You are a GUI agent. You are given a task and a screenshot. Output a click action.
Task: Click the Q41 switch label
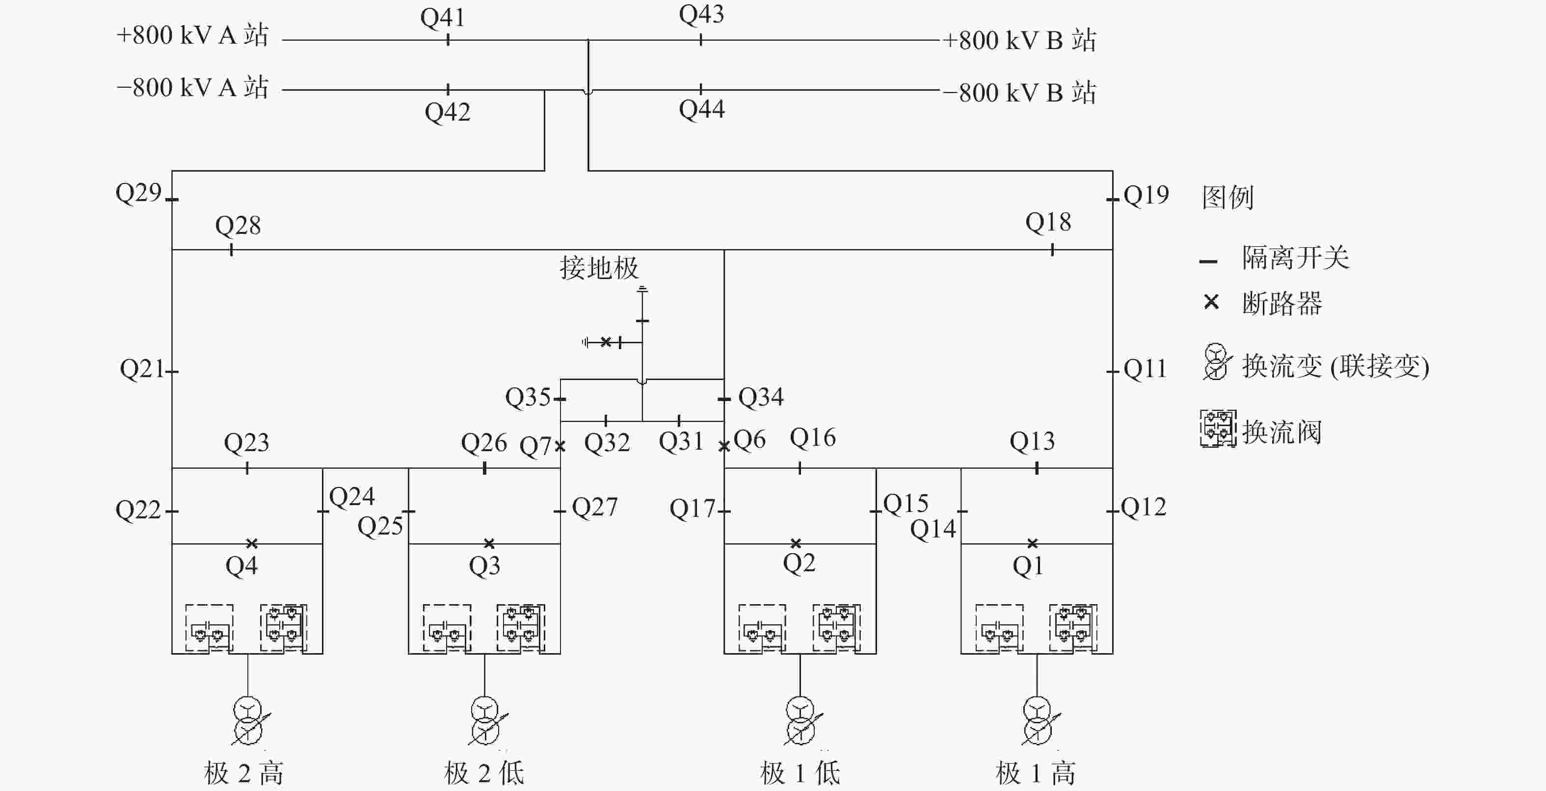[x=442, y=18]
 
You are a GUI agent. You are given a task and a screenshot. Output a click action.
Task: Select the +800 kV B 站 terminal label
[x=1019, y=40]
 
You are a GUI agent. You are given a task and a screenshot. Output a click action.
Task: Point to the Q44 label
[x=701, y=110]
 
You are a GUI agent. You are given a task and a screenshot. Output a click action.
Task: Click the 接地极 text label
[x=599, y=267]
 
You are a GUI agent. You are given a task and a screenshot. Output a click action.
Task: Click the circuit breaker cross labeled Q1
[x=1032, y=543]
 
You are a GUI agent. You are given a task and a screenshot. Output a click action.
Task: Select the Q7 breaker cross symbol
[x=560, y=446]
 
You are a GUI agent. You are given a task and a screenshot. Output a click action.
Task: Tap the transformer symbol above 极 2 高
[x=248, y=720]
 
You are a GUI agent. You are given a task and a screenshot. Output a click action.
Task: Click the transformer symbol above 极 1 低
[x=800, y=720]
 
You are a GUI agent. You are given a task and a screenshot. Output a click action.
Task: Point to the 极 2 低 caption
[x=484, y=773]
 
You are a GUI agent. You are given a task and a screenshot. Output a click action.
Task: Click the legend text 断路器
[x=1282, y=304]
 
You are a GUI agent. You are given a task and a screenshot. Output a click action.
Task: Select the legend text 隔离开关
[x=1295, y=258]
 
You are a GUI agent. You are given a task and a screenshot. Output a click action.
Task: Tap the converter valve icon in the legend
[x=1218, y=428]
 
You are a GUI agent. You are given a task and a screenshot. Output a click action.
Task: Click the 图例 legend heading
[x=1227, y=197]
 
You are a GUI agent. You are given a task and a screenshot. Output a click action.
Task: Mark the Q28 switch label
[x=238, y=226]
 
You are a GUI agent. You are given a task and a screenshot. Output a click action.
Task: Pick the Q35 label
[x=528, y=397]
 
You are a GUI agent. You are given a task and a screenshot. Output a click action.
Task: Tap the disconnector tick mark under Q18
[x=1052, y=250]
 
